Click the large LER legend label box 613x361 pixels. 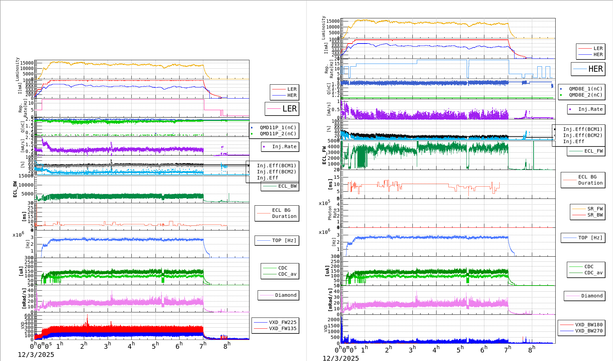click(282, 109)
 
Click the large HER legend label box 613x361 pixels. click(588, 69)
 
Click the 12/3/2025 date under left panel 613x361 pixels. click(36, 355)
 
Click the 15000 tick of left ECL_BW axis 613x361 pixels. click(26, 176)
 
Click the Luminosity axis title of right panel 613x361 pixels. click(323, 28)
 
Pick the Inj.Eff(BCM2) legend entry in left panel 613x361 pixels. click(276, 172)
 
